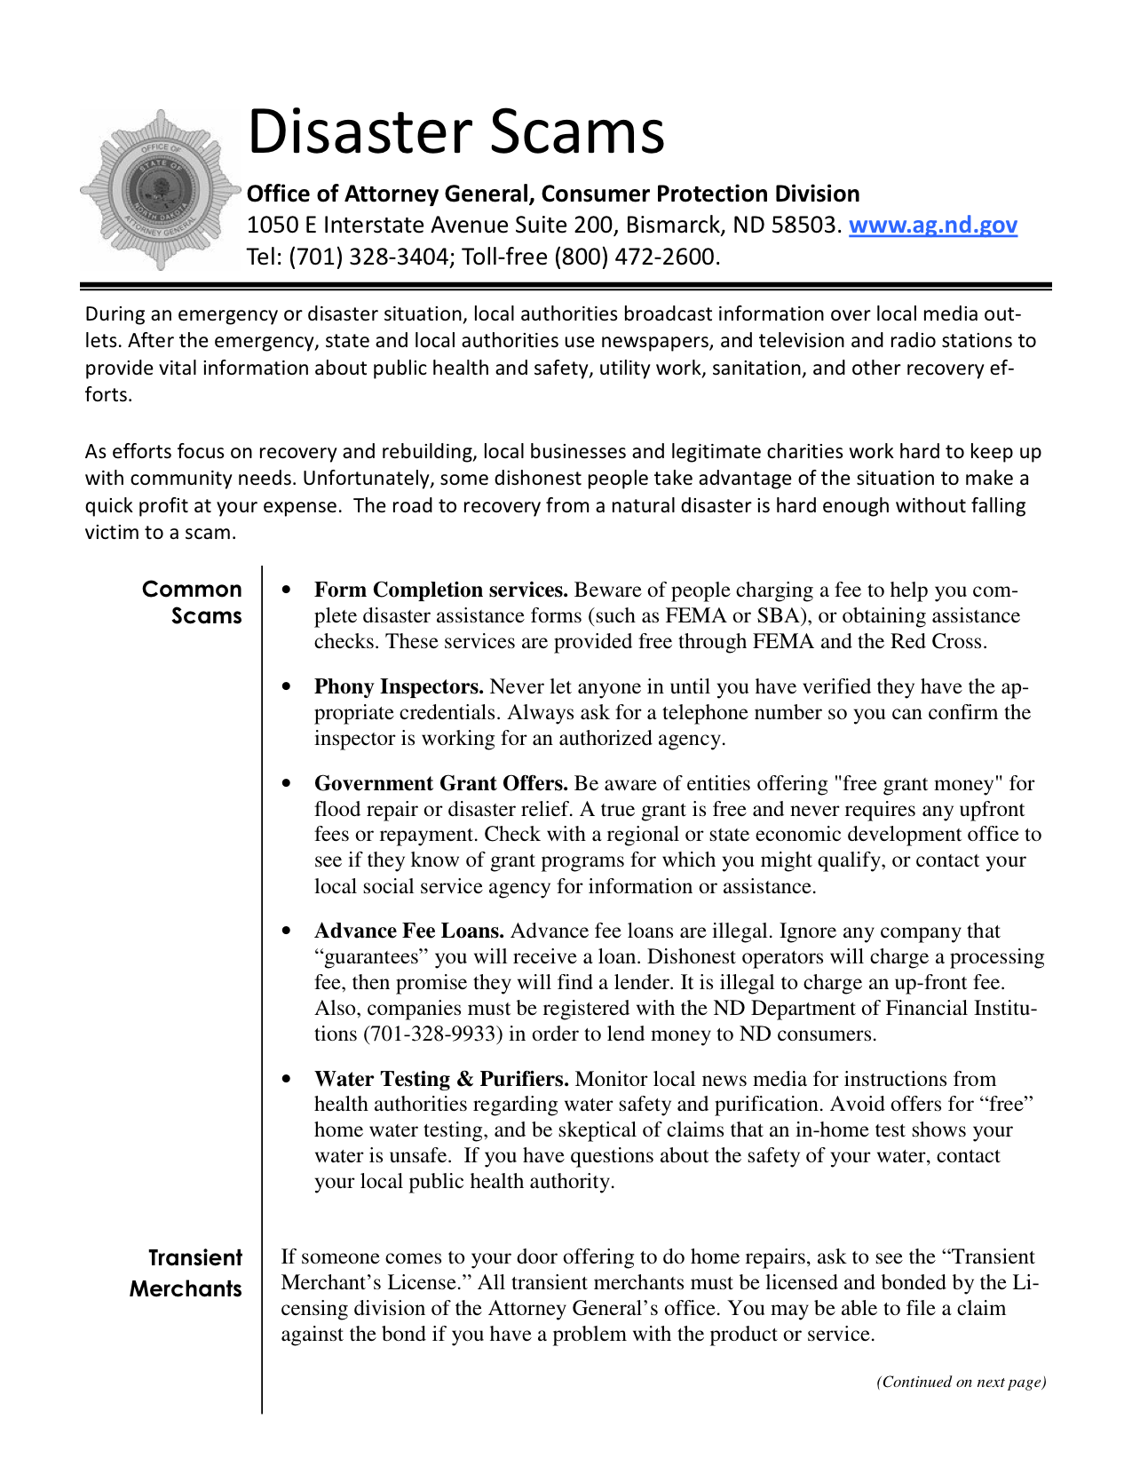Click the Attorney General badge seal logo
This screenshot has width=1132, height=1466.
point(161,190)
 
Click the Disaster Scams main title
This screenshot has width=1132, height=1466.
point(455,131)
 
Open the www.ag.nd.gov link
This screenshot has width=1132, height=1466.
point(932,226)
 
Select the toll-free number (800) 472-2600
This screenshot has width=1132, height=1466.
point(634,258)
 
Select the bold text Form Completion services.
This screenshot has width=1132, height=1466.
point(440,590)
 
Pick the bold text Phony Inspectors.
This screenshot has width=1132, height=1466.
point(399,687)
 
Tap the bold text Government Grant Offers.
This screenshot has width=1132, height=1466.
point(440,784)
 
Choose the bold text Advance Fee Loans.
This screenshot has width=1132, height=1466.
point(408,931)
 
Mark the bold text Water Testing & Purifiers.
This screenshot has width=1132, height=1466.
point(441,1080)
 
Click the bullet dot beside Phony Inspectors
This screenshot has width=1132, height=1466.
point(286,687)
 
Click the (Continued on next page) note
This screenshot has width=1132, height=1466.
point(961,1382)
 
